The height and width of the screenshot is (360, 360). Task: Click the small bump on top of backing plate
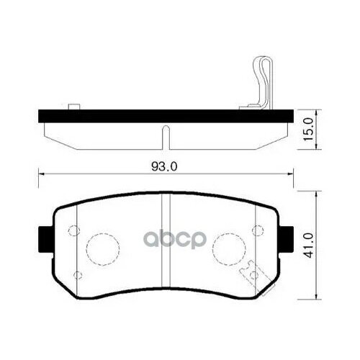72,107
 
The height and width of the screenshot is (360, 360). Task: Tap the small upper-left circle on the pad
72,231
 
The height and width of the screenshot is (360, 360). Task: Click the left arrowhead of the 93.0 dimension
40,174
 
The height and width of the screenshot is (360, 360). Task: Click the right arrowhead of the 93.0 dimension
292,174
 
